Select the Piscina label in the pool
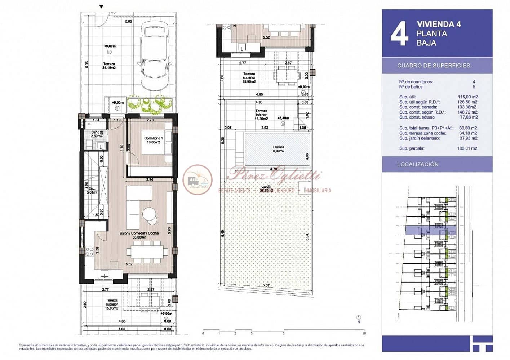(x=278, y=149)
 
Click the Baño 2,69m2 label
(x=96, y=134)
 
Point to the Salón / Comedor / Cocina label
(x=139, y=235)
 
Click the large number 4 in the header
(x=399, y=34)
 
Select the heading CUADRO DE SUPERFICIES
(x=433, y=66)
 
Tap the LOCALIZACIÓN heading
(x=417, y=164)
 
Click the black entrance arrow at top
(x=101, y=6)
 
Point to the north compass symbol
(x=358, y=317)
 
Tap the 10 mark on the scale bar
(x=364, y=334)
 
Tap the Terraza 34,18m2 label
(x=108, y=66)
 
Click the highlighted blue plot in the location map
(x=430, y=230)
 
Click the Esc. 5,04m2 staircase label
(x=91, y=190)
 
